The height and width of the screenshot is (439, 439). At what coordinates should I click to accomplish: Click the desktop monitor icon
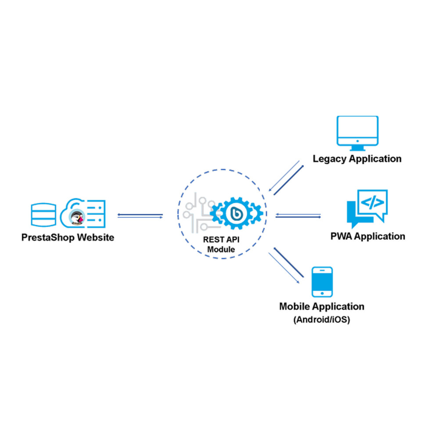357,131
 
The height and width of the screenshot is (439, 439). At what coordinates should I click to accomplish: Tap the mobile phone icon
322,282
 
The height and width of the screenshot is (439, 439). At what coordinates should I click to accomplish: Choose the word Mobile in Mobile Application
295,306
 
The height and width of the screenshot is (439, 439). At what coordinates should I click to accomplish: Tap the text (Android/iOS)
321,320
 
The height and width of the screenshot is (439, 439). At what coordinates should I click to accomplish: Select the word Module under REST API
221,249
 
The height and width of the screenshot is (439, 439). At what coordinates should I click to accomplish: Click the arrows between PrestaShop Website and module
140,216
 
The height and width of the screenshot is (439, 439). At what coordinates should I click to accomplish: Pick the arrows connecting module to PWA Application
298,216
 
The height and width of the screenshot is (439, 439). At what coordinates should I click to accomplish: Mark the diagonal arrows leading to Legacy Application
286,179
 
